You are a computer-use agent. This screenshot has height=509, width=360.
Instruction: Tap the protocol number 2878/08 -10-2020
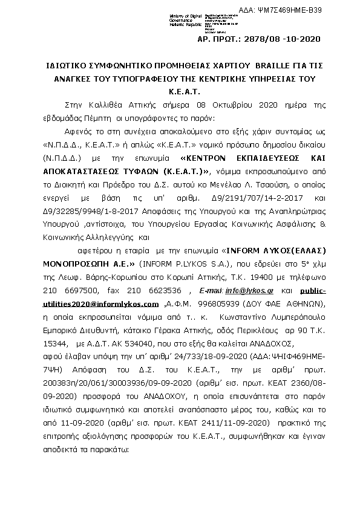click(287, 39)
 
